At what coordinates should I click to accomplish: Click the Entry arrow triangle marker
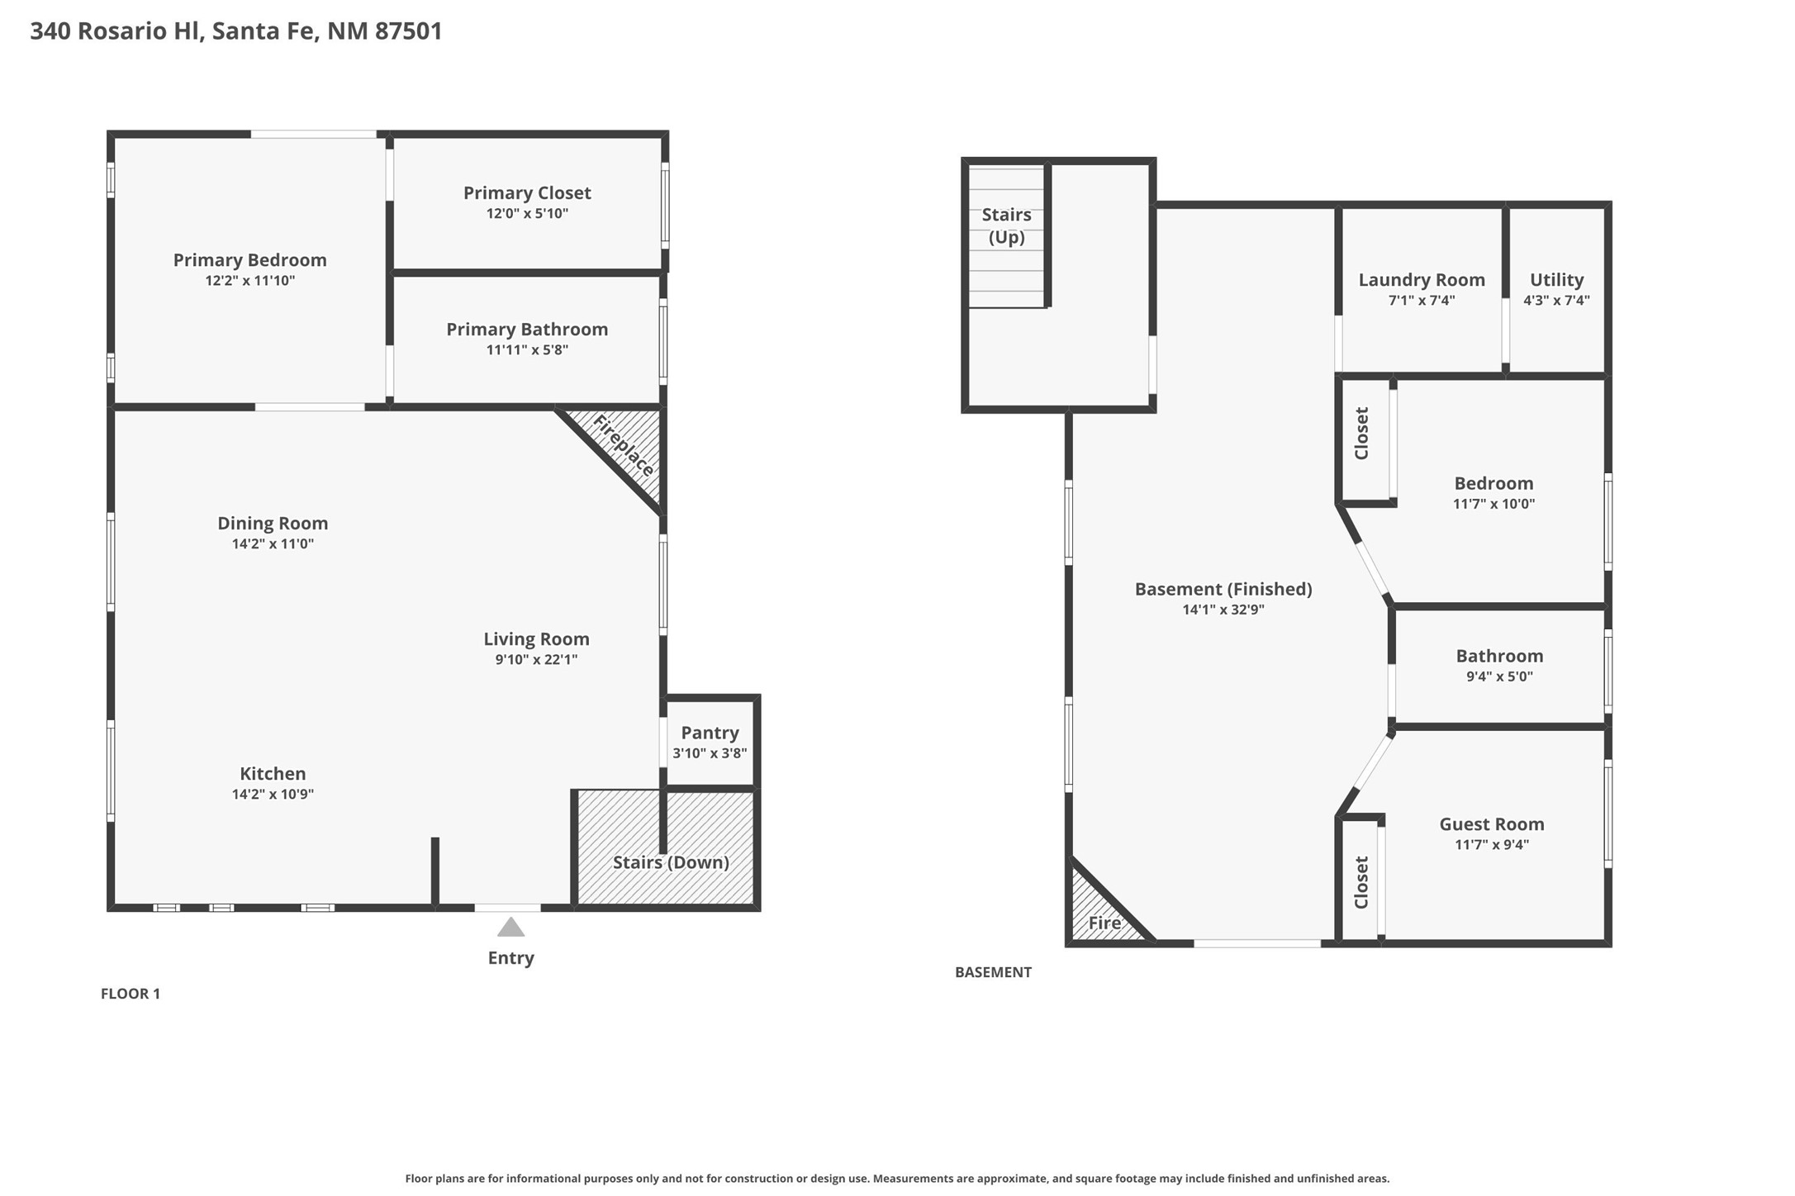510,928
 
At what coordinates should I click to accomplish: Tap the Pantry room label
710,733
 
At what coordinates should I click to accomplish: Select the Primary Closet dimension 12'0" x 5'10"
527,213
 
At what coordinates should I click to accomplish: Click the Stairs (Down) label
671,862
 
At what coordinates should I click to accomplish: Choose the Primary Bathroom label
527,329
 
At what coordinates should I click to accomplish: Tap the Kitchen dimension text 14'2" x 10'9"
273,795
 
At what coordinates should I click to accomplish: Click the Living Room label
536,638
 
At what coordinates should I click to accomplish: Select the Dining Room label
273,523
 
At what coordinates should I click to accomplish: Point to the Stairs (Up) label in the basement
1006,225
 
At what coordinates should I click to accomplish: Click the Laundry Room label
1422,280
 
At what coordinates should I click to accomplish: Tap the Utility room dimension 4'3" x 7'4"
1556,301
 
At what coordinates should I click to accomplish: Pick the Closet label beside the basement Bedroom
1361,434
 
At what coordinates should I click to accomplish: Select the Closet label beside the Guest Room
1361,882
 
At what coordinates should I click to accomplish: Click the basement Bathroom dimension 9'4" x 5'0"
1499,676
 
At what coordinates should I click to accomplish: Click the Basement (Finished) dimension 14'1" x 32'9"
1223,610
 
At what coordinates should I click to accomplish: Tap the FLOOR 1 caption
131,994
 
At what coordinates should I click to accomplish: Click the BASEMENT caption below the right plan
993,972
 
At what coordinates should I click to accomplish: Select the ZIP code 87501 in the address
409,31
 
